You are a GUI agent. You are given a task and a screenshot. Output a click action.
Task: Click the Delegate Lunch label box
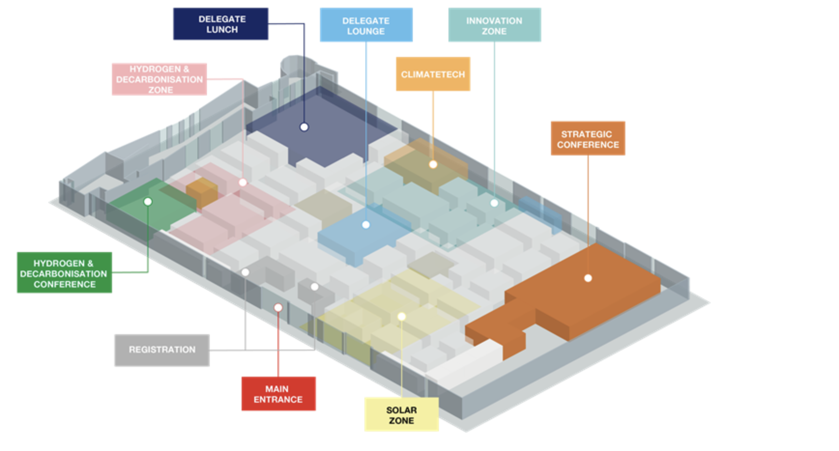coord(220,24)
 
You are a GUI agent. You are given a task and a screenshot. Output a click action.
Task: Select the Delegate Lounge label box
coord(366,25)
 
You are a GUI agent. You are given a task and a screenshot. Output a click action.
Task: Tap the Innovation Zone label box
coord(494,25)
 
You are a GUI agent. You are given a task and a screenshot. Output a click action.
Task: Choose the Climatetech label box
coord(433,74)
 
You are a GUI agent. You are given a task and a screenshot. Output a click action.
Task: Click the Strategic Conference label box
coord(588,139)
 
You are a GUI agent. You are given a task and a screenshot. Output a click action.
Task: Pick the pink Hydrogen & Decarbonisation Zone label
coord(159,79)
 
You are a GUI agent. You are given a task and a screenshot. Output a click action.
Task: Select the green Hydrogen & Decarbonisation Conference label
coord(64,273)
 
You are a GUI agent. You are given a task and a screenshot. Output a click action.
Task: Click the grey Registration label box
coord(162,350)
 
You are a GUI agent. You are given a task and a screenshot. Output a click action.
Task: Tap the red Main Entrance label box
coord(278,394)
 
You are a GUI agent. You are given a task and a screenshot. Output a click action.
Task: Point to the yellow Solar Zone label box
coord(401,415)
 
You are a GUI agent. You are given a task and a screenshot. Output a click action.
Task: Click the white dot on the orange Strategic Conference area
coord(588,278)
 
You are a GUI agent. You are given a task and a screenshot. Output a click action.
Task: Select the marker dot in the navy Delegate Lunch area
coord(304,127)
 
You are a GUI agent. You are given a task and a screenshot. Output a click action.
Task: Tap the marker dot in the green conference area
coord(148,202)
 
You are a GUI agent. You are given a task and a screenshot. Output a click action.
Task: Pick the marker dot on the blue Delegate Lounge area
coord(366,225)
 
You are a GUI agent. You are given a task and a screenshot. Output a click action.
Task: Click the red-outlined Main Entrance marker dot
coord(278,308)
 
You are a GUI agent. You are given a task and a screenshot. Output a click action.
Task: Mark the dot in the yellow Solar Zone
coord(401,317)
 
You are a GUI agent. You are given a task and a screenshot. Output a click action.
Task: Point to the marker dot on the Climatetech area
coord(433,165)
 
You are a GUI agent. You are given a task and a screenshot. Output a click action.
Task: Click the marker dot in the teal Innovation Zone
coord(494,203)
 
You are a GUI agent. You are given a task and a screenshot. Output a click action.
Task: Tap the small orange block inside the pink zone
coord(202,192)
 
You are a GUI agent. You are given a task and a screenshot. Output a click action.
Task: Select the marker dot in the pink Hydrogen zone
coord(243,183)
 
